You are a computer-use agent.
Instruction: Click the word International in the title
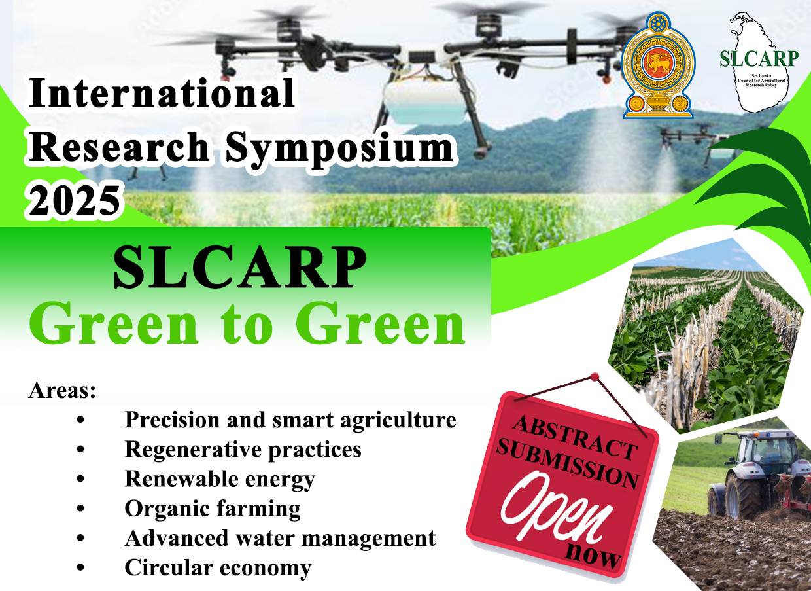click(x=162, y=93)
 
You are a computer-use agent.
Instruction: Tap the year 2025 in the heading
click(x=75, y=201)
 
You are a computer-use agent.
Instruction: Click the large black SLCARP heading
click(x=240, y=267)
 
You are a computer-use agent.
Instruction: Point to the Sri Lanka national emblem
click(x=658, y=65)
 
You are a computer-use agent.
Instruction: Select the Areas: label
click(x=62, y=391)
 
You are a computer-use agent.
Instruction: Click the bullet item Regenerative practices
click(x=243, y=450)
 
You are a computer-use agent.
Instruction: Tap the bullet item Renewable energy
click(x=220, y=479)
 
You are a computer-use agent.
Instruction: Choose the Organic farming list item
click(x=213, y=509)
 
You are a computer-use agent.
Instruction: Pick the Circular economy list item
click(x=218, y=568)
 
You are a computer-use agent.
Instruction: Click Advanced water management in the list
click(x=280, y=538)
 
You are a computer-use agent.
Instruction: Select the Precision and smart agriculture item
click(x=290, y=420)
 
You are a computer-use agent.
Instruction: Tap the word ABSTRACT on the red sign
click(x=575, y=437)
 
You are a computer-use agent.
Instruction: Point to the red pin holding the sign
click(x=595, y=377)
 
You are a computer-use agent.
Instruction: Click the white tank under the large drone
click(x=424, y=101)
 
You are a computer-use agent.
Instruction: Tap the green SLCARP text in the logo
click(x=759, y=59)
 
